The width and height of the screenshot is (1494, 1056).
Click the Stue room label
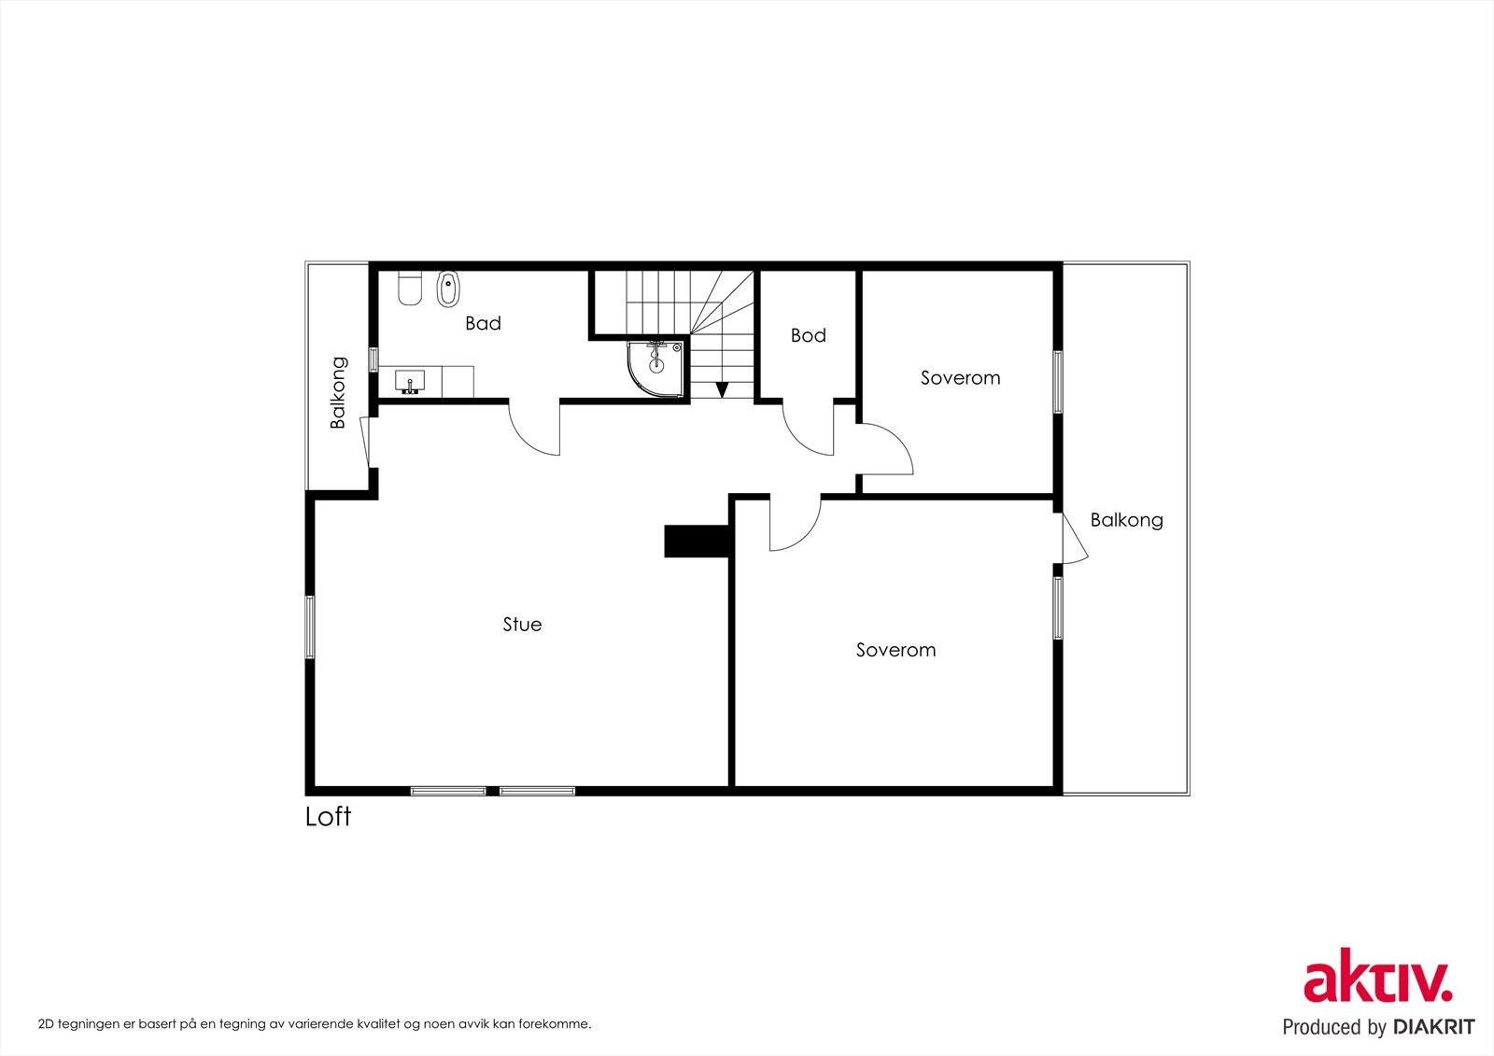[522, 625]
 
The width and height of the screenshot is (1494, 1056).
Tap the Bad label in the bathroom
[483, 324]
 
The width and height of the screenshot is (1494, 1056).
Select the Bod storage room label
[809, 335]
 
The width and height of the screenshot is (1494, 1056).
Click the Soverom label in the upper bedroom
[961, 378]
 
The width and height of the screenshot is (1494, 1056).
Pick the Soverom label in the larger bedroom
[895, 650]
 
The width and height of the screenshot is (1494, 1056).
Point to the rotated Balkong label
[338, 392]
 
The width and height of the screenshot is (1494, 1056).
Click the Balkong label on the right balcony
[1126, 520]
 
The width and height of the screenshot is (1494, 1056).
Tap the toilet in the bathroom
[410, 289]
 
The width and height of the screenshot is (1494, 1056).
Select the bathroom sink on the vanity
[410, 382]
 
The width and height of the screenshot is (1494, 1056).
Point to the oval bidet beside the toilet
[448, 289]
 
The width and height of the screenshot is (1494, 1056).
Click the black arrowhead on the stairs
[721, 389]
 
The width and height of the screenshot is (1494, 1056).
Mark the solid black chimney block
[697, 541]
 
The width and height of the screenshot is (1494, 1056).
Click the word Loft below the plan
[328, 817]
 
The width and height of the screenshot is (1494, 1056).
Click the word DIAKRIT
[1433, 1027]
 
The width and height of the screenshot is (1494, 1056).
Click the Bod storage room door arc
[800, 441]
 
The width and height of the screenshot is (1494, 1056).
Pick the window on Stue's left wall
[310, 627]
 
